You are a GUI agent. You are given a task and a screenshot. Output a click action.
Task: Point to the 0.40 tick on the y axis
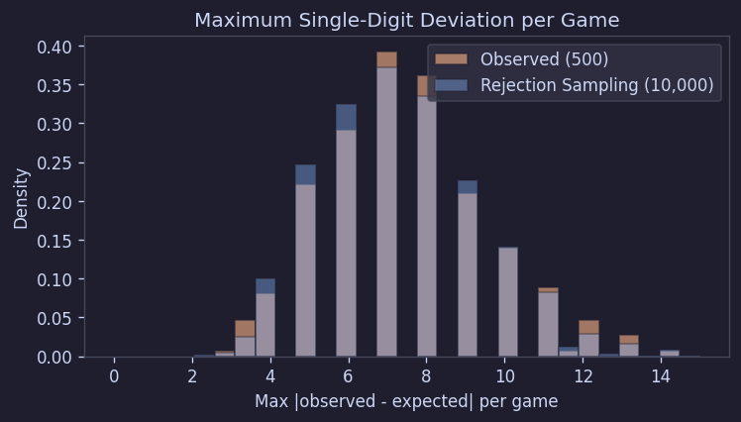pyautogui.click(x=53, y=47)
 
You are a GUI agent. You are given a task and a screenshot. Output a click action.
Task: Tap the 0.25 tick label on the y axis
pyautogui.click(x=53, y=163)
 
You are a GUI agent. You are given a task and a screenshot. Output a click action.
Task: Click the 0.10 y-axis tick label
pyautogui.click(x=53, y=279)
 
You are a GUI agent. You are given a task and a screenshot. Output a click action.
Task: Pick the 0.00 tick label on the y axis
pyautogui.click(x=53, y=357)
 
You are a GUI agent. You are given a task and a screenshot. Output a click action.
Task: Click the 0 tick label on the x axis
pyautogui.click(x=114, y=376)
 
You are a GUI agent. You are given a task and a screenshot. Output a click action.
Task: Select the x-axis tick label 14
pyautogui.click(x=661, y=376)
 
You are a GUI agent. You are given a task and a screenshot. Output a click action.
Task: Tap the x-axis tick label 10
pyautogui.click(x=505, y=376)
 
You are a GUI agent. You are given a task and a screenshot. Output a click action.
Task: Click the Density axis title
pyautogui.click(x=22, y=198)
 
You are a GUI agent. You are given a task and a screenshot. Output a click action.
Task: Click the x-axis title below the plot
pyautogui.click(x=406, y=401)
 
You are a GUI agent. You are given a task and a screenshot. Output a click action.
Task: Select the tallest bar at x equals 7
pyautogui.click(x=386, y=208)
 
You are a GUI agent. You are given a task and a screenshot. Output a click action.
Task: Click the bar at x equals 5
pyautogui.click(x=305, y=263)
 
